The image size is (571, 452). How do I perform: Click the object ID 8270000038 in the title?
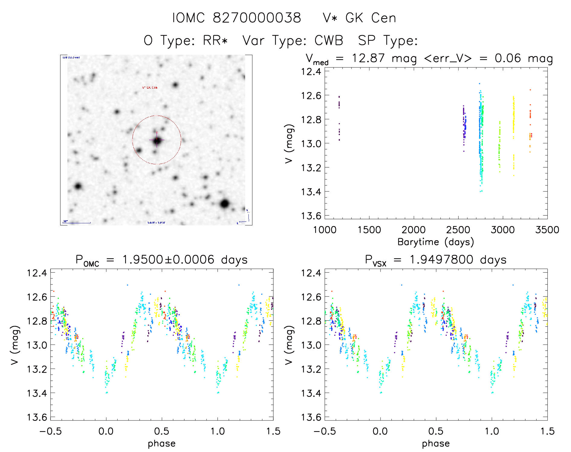click(257, 18)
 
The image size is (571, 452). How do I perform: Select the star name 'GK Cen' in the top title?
click(371, 18)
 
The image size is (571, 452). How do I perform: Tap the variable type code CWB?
click(329, 41)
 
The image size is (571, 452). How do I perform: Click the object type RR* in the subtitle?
click(215, 41)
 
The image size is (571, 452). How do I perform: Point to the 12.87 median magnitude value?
click(368, 58)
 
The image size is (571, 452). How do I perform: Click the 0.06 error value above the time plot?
click(508, 58)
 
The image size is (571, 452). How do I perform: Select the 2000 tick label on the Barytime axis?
click(414, 230)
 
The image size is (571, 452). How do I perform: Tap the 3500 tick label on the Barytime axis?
click(547, 230)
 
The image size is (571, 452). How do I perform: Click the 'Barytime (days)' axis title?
click(436, 242)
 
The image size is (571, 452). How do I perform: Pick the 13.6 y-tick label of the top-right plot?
click(311, 216)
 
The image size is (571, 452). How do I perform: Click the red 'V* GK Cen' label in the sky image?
click(150, 88)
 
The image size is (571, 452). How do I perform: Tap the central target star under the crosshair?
click(157, 140)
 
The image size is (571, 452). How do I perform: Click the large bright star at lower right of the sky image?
click(224, 204)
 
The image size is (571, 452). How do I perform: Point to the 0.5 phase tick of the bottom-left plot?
click(162, 431)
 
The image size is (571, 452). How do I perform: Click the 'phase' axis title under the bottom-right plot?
click(436, 444)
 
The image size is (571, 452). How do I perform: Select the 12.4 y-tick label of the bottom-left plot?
click(37, 273)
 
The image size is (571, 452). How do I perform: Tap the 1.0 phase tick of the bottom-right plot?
click(492, 431)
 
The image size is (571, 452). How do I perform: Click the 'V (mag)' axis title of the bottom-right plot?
click(289, 345)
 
